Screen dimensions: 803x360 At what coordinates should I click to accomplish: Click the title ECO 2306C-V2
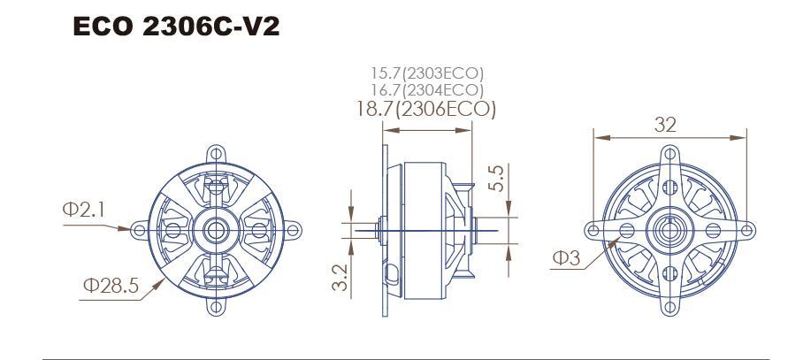pyautogui.click(x=177, y=27)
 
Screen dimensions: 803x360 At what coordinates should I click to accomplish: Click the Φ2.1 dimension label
pyautogui.click(x=83, y=209)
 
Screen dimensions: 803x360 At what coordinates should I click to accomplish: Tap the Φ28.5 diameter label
pyautogui.click(x=111, y=285)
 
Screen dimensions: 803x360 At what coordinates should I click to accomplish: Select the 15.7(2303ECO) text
pyautogui.click(x=427, y=73)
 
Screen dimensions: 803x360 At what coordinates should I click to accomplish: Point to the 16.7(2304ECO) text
pyautogui.click(x=427, y=90)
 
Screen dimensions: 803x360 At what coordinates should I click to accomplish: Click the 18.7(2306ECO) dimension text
pyautogui.click(x=426, y=109)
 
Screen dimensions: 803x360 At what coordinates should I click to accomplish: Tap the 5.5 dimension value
pyautogui.click(x=496, y=178)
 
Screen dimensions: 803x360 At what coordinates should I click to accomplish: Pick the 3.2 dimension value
pyautogui.click(x=340, y=277)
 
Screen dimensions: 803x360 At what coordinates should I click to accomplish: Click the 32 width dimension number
pyautogui.click(x=665, y=125)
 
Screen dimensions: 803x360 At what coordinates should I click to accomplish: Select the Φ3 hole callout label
pyautogui.click(x=566, y=258)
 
